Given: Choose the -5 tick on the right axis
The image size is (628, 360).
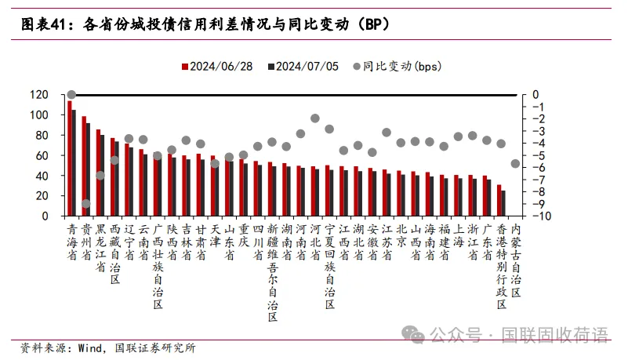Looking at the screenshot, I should coord(532,155).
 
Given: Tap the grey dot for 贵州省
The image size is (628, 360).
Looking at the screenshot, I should coord(85,204).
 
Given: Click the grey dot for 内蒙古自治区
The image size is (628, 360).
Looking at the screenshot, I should coord(515,163).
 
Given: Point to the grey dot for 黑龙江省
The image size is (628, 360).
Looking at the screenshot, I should coord(100,175).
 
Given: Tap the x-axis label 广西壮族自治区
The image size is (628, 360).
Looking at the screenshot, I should coord(158,267).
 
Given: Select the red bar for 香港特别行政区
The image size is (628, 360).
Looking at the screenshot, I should coord(498,200).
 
